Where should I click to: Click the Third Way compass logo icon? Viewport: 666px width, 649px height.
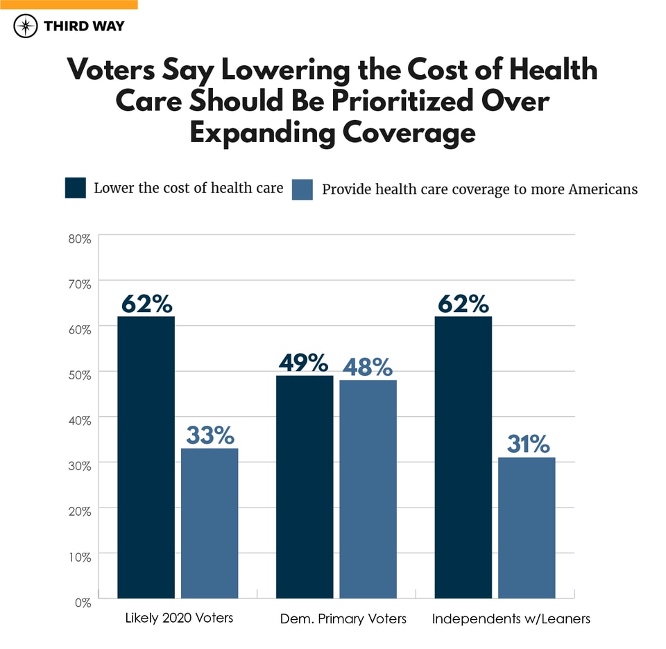pos(26,26)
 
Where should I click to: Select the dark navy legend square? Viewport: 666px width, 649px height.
pos(76,188)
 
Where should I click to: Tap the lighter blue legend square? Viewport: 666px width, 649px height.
pos(303,189)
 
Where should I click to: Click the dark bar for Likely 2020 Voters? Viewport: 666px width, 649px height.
pos(146,457)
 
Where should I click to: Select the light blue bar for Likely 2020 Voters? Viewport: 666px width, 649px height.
pos(210,523)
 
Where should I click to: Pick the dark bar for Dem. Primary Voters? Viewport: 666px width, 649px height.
pos(305,487)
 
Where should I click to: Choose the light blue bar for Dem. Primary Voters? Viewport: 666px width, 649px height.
pos(368,489)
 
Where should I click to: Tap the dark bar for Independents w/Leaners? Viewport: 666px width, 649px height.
pos(463,457)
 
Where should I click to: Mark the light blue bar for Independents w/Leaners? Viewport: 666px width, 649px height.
pos(527,528)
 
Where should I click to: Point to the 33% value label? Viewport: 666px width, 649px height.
pos(210,435)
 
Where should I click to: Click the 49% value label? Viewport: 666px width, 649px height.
pos(303,362)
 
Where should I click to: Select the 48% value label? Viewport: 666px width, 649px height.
pos(367,367)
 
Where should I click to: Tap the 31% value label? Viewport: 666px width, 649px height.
pos(527,444)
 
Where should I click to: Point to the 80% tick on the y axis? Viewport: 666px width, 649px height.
pos(80,239)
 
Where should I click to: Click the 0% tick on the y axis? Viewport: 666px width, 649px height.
pos(83,603)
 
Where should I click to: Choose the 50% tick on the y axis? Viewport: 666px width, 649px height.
pos(80,375)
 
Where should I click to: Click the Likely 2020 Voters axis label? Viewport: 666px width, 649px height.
pos(179,618)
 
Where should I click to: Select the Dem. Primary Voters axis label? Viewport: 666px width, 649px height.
pos(343,618)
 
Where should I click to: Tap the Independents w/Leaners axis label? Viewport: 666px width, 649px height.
pos(511,618)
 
